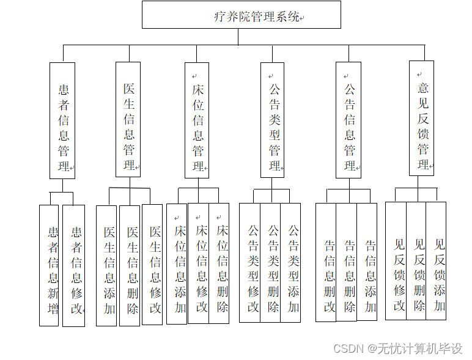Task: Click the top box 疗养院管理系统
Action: pos(241,15)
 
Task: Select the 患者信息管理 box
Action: pos(62,120)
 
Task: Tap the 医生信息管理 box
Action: pos(128,119)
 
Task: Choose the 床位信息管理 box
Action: pos(197,120)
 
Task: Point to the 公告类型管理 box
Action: pos(273,120)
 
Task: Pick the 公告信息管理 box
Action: pos(348,120)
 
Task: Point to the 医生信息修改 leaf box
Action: pos(152,264)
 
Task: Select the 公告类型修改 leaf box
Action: pos(249,263)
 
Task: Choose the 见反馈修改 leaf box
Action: pos(396,260)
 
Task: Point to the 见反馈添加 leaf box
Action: pos(437,260)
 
